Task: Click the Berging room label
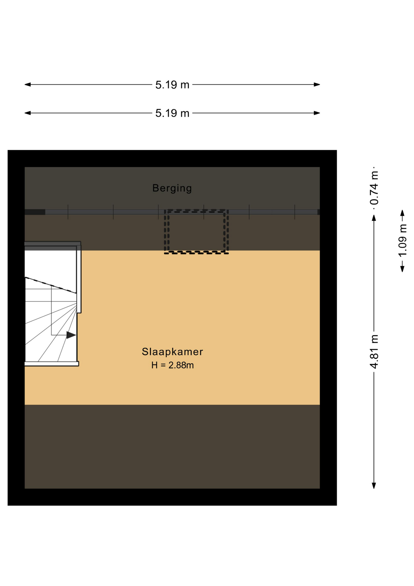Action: click(x=172, y=188)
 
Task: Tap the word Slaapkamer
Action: click(x=172, y=352)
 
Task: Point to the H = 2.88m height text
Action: click(x=173, y=365)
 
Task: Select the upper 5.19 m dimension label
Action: click(x=172, y=85)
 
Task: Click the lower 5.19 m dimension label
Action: click(x=172, y=113)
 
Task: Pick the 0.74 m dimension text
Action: click(x=374, y=188)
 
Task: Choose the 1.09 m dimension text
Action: click(x=402, y=241)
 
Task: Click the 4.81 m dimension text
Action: click(x=374, y=352)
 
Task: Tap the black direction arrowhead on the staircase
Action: click(x=71, y=335)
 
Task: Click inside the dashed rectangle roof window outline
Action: click(x=196, y=231)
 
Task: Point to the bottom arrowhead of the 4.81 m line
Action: click(x=374, y=486)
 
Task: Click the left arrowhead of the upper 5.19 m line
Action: click(x=28, y=85)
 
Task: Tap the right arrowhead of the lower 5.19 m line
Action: click(x=317, y=113)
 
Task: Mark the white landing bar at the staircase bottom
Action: click(x=52, y=364)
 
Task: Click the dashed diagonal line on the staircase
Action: click(x=51, y=285)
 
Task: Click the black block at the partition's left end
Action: click(x=35, y=212)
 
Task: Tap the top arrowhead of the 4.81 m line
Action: click(x=374, y=218)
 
